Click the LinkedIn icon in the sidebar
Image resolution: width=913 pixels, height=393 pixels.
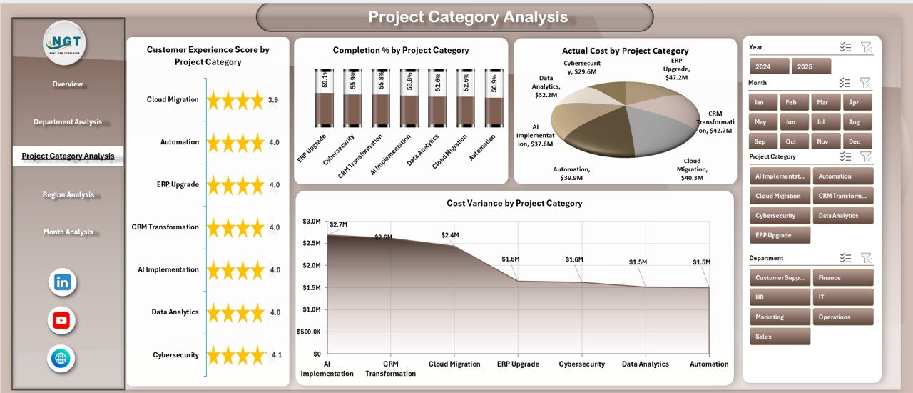pyautogui.click(x=62, y=282)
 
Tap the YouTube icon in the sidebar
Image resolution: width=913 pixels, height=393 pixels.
pyautogui.click(x=62, y=321)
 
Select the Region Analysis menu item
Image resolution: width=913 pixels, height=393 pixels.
pyautogui.click(x=68, y=194)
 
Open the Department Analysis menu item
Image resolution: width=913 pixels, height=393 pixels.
pyautogui.click(x=68, y=122)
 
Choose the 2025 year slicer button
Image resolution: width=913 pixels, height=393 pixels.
pyautogui.click(x=811, y=66)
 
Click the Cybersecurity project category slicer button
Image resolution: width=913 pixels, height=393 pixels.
pyautogui.click(x=780, y=215)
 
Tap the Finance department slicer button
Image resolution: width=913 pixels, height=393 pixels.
pyautogui.click(x=842, y=277)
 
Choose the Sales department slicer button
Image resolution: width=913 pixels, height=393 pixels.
pyautogui.click(x=780, y=337)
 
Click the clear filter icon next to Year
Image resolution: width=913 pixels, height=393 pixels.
pyautogui.click(x=866, y=47)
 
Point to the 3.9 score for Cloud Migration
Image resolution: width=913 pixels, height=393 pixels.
pyautogui.click(x=273, y=100)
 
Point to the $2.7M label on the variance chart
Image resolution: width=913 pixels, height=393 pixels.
pyautogui.click(x=338, y=225)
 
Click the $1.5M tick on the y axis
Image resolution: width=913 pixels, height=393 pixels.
pyautogui.click(x=312, y=287)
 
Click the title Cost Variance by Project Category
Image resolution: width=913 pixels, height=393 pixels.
pyautogui.click(x=514, y=204)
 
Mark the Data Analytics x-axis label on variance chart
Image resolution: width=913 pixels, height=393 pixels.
pyautogui.click(x=645, y=364)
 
